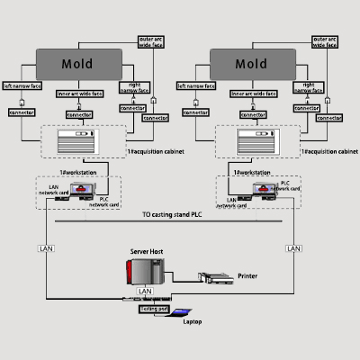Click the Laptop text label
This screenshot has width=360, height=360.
coord(193,321)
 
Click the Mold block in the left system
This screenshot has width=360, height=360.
coord(77,64)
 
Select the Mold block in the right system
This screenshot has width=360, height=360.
coord(251,64)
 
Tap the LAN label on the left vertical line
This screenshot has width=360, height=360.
coord(45,247)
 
